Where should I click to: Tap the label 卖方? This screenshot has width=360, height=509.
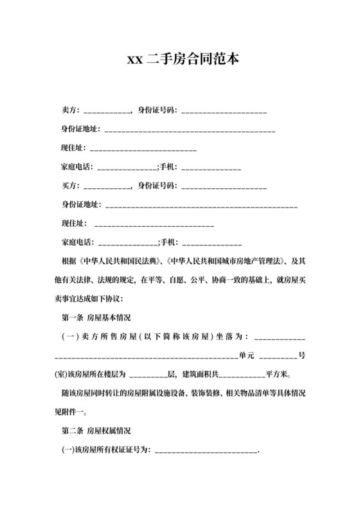(69, 112)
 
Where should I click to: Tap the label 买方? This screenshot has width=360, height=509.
(69, 186)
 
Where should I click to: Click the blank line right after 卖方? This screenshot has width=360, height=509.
(106, 113)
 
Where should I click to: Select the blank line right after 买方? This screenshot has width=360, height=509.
(106, 186)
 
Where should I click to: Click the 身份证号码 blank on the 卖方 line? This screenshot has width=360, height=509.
(224, 113)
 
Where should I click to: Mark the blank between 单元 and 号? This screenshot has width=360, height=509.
(278, 355)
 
